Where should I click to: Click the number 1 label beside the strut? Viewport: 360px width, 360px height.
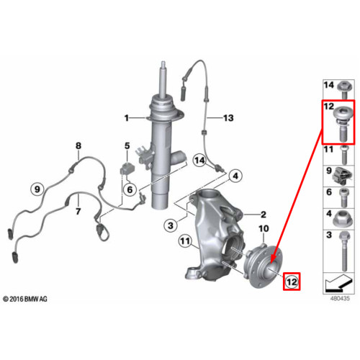pyautogui.click(x=127, y=118)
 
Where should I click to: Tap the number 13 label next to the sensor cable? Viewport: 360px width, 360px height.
pyautogui.click(x=228, y=118)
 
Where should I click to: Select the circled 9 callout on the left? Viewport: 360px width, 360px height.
pyautogui.click(x=37, y=189)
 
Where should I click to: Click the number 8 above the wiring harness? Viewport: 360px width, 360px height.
pyautogui.click(x=78, y=145)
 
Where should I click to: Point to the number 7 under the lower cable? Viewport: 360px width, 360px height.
pyautogui.click(x=78, y=212)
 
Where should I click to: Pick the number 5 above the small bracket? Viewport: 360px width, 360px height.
pyautogui.click(x=127, y=145)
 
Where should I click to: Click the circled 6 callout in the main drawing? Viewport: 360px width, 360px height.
pyautogui.click(x=130, y=189)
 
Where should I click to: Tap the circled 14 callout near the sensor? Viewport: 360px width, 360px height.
pyautogui.click(x=199, y=160)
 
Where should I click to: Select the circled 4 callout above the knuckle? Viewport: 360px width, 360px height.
pyautogui.click(x=235, y=176)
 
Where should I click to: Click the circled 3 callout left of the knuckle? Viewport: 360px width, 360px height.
pyautogui.click(x=171, y=225)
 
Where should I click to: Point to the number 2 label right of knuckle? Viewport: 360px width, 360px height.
pyautogui.click(x=264, y=215)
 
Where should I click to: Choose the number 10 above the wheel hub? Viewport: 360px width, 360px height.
pyautogui.click(x=264, y=228)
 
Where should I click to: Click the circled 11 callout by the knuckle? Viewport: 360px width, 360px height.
pyautogui.click(x=185, y=240)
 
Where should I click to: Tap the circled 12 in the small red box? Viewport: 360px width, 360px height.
pyautogui.click(x=292, y=282)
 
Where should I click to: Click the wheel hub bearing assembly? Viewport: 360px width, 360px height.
pyautogui.click(x=263, y=267)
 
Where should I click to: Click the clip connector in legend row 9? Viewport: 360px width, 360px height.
pyautogui.click(x=342, y=176)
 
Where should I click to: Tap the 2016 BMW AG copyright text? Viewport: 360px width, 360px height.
pyautogui.click(x=25, y=299)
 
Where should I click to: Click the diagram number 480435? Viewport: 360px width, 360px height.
pyautogui.click(x=340, y=298)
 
